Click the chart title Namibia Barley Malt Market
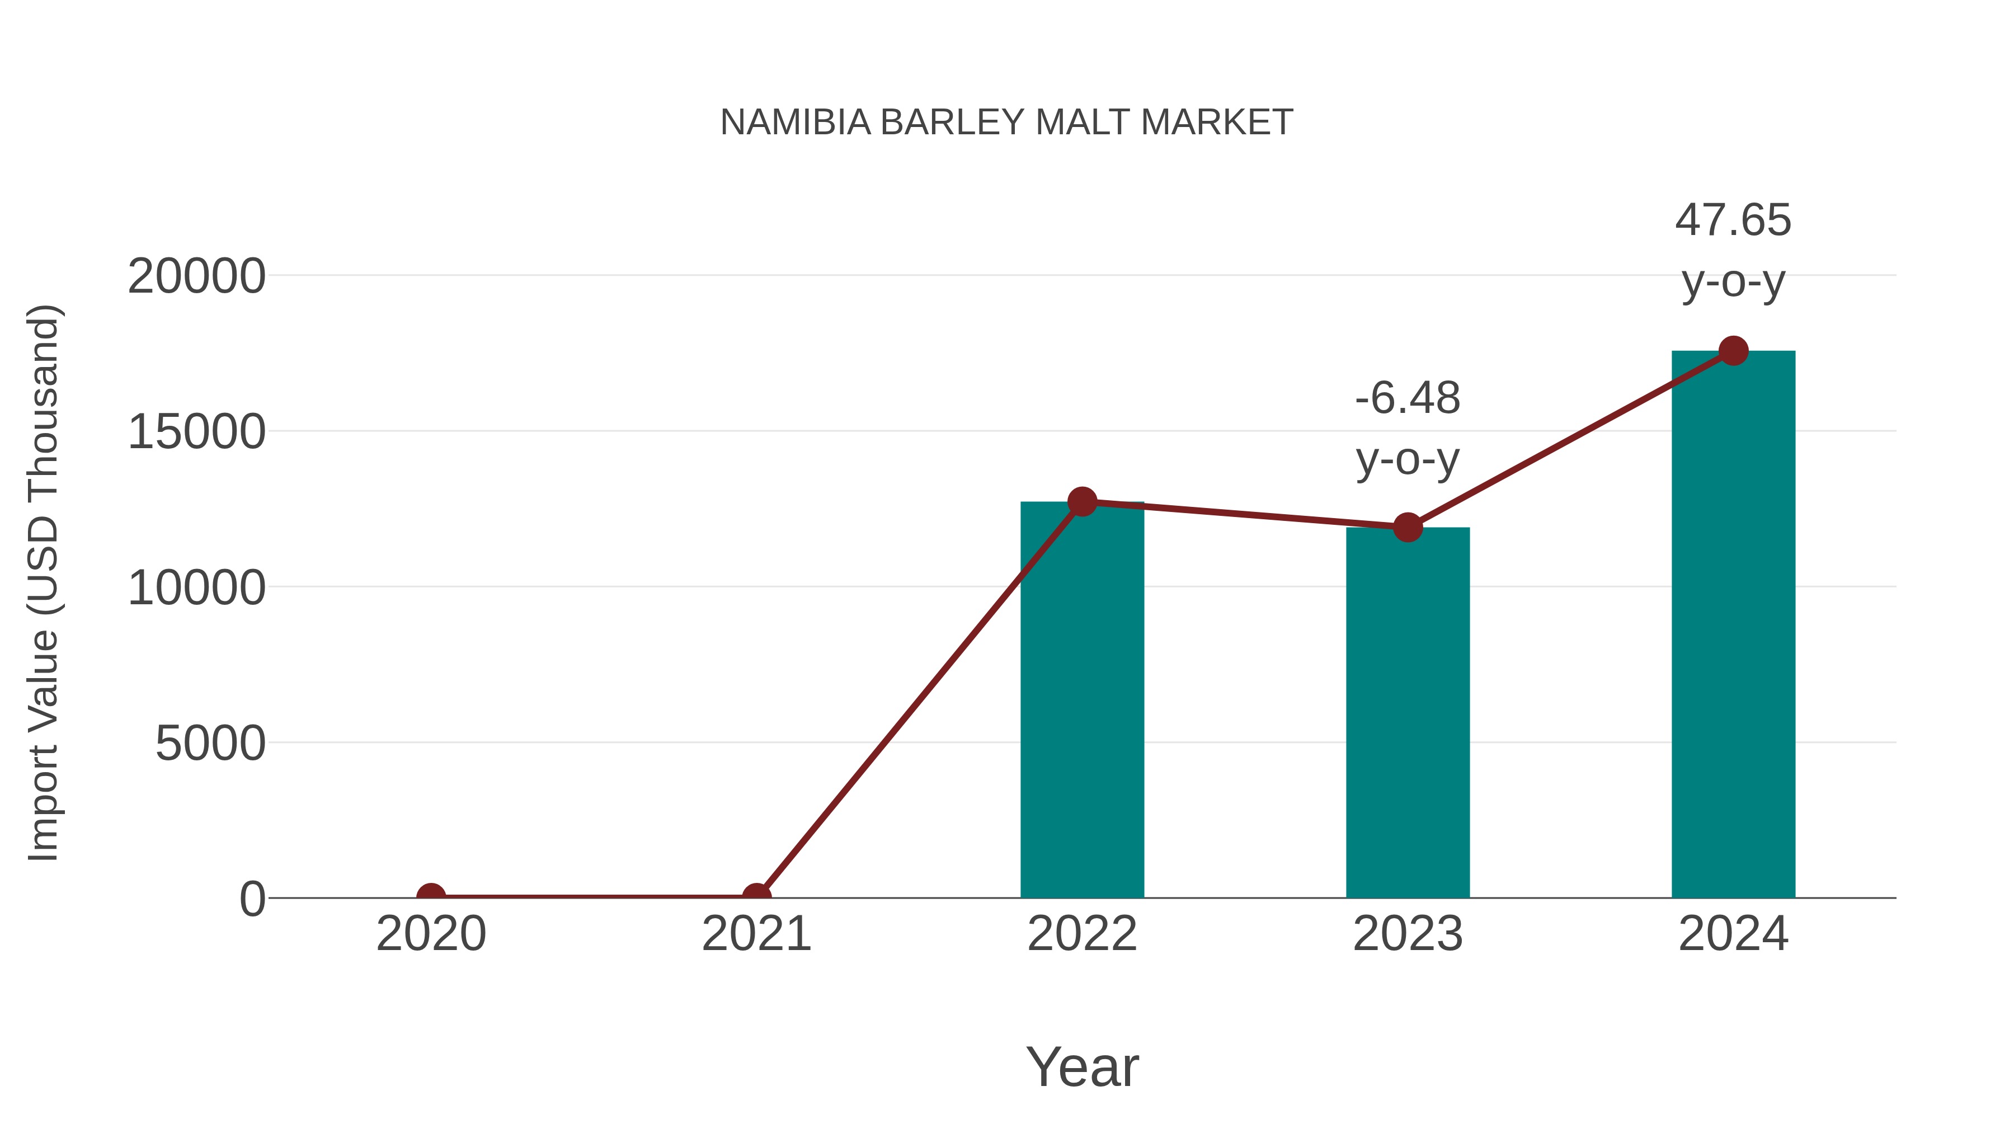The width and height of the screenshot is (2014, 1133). pos(1006,123)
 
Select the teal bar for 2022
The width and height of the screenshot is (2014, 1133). pos(1082,704)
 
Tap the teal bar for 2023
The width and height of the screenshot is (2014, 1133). pos(1408,716)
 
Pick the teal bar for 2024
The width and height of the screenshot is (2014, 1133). pos(1733,626)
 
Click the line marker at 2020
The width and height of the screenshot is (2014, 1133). pos(431,896)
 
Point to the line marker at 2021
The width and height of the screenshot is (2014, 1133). pos(756,896)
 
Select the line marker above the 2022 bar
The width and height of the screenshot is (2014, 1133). pos(1082,501)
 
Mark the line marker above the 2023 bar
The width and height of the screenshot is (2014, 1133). pos(1408,527)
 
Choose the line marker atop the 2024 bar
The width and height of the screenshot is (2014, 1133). pos(1733,351)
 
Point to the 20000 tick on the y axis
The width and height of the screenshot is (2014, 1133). pos(196,277)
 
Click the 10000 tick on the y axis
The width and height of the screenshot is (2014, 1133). pos(196,588)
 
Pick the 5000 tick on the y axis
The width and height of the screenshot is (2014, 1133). pos(210,744)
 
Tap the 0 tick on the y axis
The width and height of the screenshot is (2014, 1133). pos(252,899)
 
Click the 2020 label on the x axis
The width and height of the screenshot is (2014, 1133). pos(431,934)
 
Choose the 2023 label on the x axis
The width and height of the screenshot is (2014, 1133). pos(1408,934)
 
